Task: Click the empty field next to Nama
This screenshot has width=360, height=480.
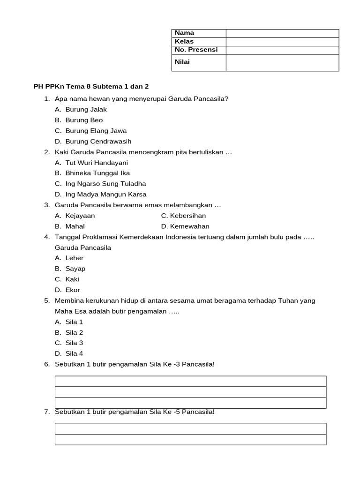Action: point(282,33)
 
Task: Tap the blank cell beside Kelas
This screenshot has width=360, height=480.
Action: point(282,42)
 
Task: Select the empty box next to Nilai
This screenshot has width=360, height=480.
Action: point(282,62)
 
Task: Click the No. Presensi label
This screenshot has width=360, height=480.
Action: point(196,50)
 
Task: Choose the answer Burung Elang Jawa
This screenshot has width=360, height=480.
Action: point(96,131)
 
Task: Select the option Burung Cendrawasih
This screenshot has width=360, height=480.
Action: point(98,141)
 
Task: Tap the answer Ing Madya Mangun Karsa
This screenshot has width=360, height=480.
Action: point(106,194)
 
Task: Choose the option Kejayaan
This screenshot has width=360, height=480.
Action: point(80,216)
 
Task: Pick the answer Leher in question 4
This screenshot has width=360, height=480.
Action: point(75,258)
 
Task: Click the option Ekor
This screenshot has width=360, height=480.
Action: point(73,290)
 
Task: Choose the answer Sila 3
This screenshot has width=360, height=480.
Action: point(74,343)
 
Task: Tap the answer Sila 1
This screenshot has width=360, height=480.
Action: point(74,322)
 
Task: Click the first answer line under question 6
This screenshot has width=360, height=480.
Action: point(191,381)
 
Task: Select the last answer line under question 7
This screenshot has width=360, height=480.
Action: point(191,439)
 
